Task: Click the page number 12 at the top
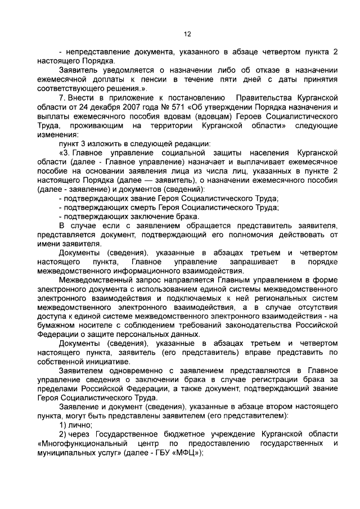click(187, 34)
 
